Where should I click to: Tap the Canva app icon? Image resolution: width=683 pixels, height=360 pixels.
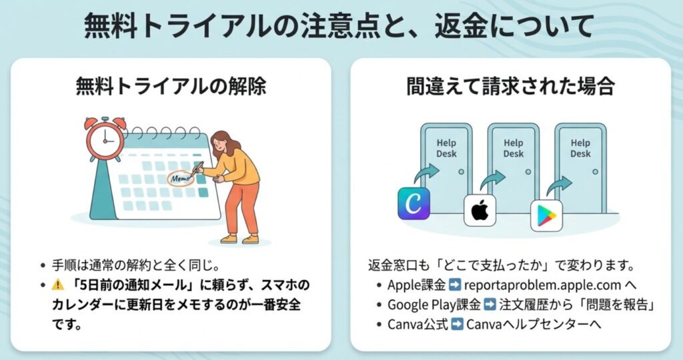[414, 203]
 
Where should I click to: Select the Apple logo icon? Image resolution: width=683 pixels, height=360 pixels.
[480, 211]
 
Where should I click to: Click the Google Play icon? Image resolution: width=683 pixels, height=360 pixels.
[546, 216]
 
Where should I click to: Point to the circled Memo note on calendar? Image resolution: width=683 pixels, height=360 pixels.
[179, 178]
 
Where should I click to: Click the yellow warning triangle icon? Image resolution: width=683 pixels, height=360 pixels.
[57, 285]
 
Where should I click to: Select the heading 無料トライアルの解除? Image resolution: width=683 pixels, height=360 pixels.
[171, 87]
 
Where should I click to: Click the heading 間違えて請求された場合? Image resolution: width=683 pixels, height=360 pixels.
[510, 87]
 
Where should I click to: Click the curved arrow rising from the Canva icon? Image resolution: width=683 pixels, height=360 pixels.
[426, 175]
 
